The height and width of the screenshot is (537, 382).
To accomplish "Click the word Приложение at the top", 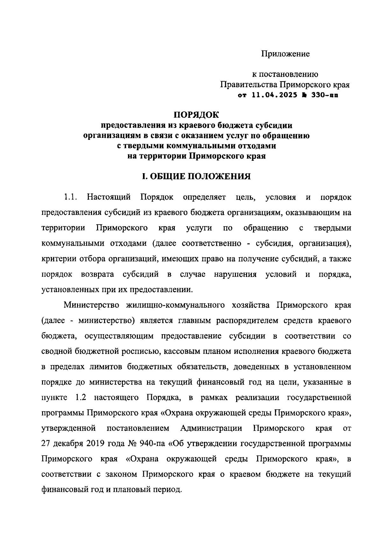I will click(x=285, y=54).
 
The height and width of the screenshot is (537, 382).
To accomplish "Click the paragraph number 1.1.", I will click(x=71, y=197).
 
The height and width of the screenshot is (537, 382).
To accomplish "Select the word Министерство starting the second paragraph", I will click(x=91, y=305).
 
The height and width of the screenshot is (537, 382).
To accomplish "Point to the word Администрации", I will click(x=211, y=428).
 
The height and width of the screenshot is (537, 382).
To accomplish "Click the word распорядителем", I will click(x=247, y=321).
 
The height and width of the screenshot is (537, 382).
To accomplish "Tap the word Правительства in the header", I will click(x=248, y=85).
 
